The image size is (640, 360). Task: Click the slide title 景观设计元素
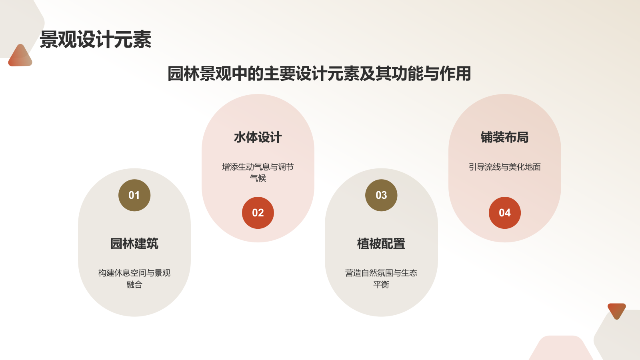tap(96, 40)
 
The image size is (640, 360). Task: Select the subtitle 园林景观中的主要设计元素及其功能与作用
tap(319, 74)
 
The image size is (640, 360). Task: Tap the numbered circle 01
tap(134, 195)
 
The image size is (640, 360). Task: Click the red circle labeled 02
tap(258, 213)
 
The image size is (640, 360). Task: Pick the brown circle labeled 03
tap(381, 195)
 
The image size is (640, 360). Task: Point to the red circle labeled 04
tap(505, 213)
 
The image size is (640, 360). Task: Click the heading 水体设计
tap(258, 137)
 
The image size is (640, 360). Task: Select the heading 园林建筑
tap(134, 244)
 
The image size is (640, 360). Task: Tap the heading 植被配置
tap(381, 244)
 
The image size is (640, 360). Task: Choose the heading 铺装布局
tap(505, 137)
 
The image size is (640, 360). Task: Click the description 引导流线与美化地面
tap(505, 167)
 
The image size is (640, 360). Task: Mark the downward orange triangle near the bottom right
tap(616, 310)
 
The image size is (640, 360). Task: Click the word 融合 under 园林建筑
tap(134, 284)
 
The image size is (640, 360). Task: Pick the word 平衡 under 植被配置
tap(381, 284)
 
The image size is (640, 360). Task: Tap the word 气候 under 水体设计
tap(258, 178)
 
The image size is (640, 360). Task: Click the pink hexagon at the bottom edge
tap(561, 349)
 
